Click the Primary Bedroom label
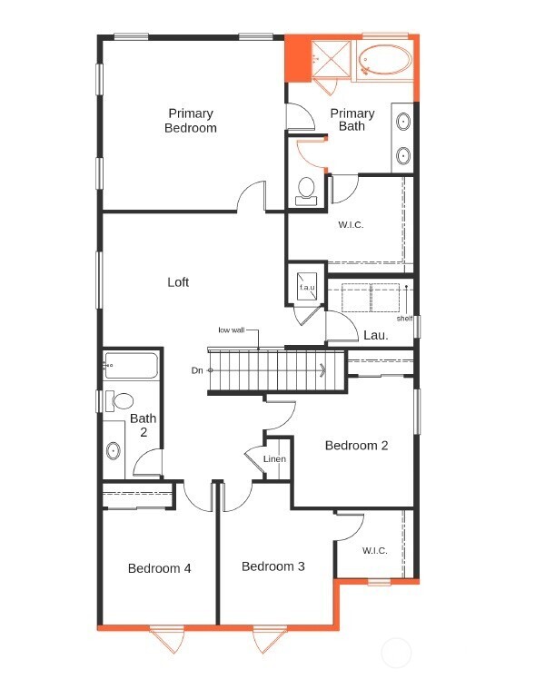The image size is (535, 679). point(191,121)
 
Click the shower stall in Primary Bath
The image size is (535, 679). point(329,58)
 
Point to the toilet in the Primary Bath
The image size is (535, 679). point(306,190)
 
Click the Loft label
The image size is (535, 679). point(178,282)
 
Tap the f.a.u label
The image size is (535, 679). point(307,289)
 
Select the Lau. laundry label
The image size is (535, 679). point(376,335)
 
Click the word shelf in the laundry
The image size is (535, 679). point(404,319)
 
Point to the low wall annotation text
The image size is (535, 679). point(231,330)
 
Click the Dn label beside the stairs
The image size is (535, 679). point(197,370)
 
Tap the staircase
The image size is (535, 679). point(272,371)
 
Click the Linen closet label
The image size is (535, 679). point(274,459)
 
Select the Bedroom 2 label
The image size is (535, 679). point(357,446)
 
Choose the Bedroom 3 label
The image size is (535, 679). point(273,566)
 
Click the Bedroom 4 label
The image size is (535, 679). point(159,568)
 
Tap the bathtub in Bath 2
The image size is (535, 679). point(131,367)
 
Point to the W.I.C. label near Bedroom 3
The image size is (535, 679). point(374,550)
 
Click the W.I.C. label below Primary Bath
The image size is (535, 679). point(351,225)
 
